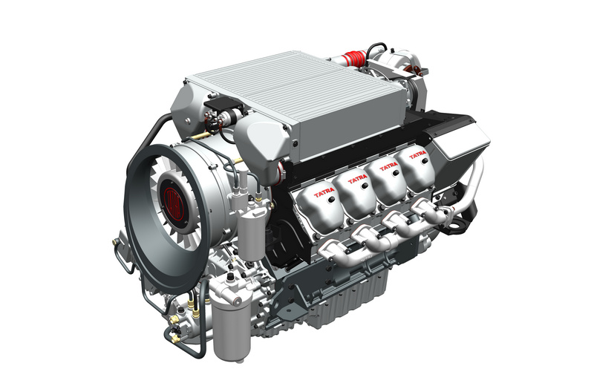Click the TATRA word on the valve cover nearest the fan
coord(324,194)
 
